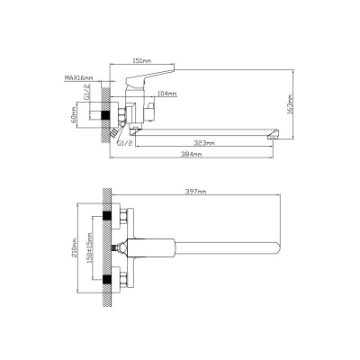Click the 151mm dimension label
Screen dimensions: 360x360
pos(142,61)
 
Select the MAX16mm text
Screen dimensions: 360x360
pos(78,78)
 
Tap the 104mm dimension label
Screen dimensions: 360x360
pos(167,94)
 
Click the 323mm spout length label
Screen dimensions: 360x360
pos(205,143)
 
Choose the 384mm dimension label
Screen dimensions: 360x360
pos(192,154)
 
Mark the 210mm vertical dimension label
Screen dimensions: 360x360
pos(75,247)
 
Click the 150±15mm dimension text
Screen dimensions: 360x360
pos(90,247)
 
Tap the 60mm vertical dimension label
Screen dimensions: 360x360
pos(75,115)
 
